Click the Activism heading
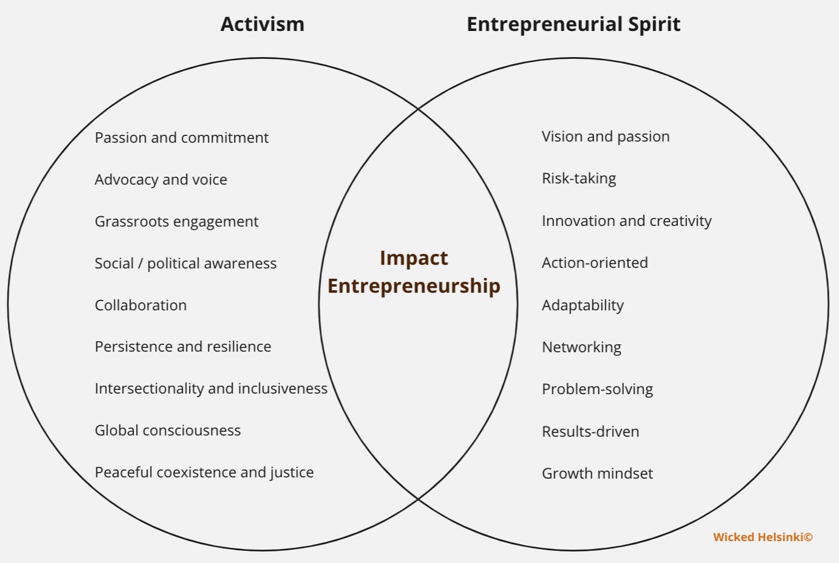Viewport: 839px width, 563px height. click(262, 24)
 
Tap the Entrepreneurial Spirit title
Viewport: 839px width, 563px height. click(573, 24)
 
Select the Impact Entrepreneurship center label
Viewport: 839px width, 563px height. click(414, 272)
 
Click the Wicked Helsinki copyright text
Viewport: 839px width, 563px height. click(762, 537)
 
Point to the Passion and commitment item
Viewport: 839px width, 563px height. click(181, 138)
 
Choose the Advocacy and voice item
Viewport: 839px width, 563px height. click(160, 180)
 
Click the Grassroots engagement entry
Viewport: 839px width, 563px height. click(176, 222)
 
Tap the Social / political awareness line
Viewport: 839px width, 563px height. click(185, 264)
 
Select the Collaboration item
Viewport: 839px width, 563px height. click(140, 305)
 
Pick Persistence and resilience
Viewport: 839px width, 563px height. click(183, 347)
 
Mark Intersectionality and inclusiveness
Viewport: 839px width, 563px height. click(211, 389)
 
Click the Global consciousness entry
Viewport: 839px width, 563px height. click(168, 431)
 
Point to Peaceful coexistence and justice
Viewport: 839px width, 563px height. click(204, 473)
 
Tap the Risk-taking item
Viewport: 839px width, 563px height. click(578, 179)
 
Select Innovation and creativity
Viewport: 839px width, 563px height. click(626, 221)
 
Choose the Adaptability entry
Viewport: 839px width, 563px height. click(583, 305)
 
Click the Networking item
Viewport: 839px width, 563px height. click(581, 347)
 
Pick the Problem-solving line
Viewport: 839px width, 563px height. click(597, 389)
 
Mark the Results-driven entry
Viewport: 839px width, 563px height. click(590, 432)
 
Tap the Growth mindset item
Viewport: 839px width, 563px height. click(597, 474)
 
